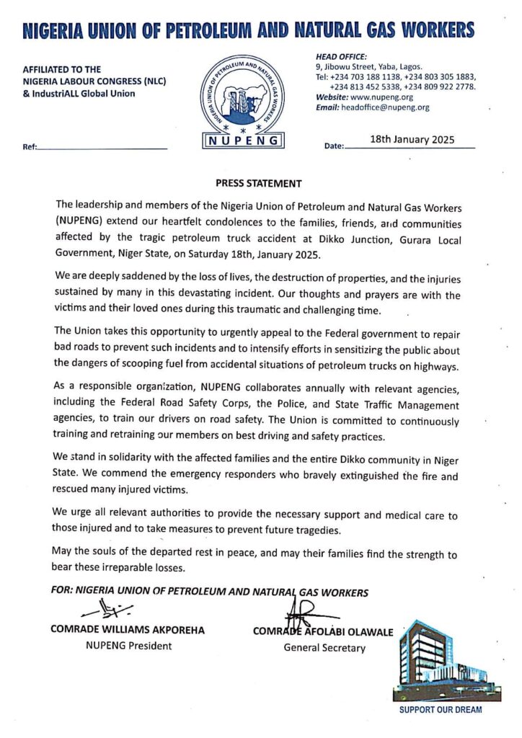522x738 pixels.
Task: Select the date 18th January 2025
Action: pyautogui.click(x=412, y=141)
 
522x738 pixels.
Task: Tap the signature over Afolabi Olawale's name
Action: pyautogui.click(x=306, y=613)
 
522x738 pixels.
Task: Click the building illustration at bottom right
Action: pyautogui.click(x=441, y=661)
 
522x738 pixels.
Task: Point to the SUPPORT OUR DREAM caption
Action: pyautogui.click(x=441, y=710)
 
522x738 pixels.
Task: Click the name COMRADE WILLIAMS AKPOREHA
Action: pyautogui.click(x=128, y=630)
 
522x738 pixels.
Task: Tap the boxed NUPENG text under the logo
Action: pyautogui.click(x=244, y=141)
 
